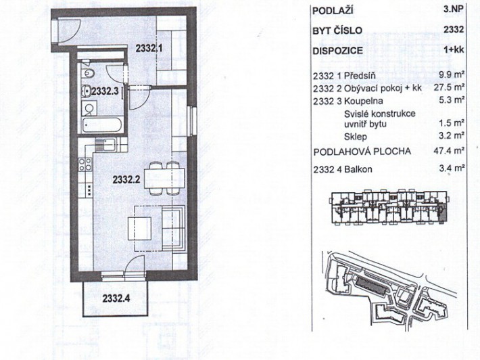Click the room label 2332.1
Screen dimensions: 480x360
(149, 48)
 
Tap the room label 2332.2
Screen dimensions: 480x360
(126, 179)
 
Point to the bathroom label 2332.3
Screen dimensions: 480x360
(105, 91)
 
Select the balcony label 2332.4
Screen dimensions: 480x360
(116, 298)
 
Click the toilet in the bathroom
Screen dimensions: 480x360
(88, 73)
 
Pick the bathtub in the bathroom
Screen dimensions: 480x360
(103, 125)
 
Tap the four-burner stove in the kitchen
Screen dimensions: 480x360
(85, 164)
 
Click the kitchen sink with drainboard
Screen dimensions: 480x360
(105, 145)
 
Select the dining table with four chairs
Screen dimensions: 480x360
(164, 179)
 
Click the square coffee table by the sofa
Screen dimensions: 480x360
(139, 228)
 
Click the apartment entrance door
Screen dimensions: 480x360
(68, 30)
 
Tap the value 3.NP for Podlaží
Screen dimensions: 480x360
(454, 9)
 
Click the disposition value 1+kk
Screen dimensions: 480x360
(454, 49)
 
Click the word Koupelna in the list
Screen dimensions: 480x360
(363, 101)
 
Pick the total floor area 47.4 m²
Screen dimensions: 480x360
(450, 150)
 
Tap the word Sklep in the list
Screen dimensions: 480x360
(355, 137)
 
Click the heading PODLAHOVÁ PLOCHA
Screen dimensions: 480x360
(362, 152)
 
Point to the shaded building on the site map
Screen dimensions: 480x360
(371, 285)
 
